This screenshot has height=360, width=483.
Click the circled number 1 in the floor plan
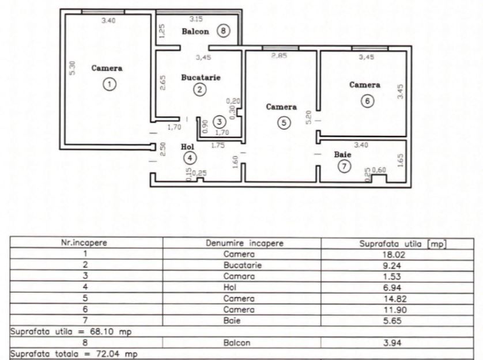108,84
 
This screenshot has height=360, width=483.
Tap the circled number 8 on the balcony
224,32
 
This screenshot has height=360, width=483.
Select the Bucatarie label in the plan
201,77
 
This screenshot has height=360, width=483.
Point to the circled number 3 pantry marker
219,121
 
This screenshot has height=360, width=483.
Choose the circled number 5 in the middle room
282,122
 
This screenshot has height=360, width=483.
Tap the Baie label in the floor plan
341,154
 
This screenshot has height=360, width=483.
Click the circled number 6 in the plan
367,100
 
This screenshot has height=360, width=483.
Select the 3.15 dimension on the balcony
196,19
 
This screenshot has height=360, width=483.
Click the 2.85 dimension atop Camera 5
279,55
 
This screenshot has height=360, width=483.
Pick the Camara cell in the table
241,276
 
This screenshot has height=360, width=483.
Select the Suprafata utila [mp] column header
397,243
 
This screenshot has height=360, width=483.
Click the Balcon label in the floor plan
195,32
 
